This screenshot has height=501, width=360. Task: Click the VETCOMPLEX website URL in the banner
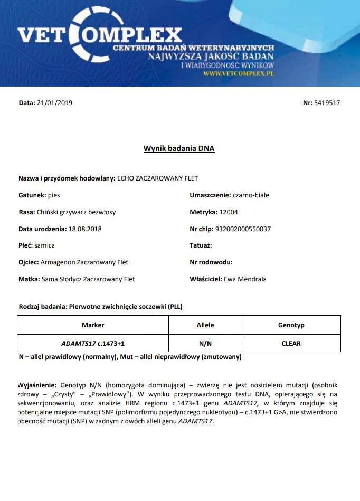239,74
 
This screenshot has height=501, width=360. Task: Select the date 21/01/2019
54,103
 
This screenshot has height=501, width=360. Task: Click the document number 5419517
327,103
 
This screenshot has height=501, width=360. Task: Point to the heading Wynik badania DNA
179,149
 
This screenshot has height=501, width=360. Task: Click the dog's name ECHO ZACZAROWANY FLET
157,178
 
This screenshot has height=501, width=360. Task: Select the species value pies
54,195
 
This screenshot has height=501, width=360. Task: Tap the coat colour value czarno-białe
251,195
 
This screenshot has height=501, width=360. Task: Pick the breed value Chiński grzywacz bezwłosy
77,212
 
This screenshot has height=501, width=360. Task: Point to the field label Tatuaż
201,245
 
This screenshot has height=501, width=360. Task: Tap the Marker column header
93,325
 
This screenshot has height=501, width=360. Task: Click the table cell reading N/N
205,343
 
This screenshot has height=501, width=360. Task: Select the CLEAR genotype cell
291,343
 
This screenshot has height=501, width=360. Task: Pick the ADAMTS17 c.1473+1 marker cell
93,343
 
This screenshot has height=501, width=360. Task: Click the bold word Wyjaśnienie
38,386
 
